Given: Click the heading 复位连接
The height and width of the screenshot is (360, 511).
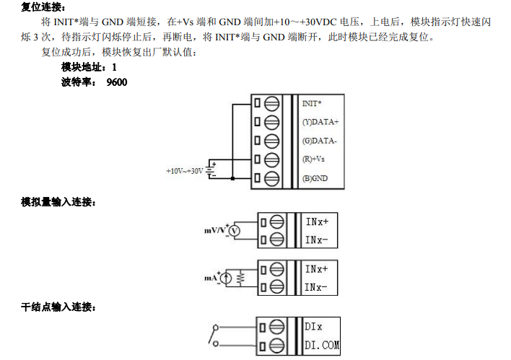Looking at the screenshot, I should coord(43,7).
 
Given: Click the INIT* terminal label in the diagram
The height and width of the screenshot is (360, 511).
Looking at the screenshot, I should coord(312,104).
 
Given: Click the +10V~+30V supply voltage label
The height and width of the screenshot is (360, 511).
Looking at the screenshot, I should coord(184,171).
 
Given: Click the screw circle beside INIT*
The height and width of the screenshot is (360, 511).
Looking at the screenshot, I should coord(272,104).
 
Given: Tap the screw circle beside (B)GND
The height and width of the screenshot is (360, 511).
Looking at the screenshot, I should coord(272,177).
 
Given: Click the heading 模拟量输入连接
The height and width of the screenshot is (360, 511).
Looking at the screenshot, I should coord(58,201).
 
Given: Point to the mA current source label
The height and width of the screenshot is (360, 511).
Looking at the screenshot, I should coord(210,277).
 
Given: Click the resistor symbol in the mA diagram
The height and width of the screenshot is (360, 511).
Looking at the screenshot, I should coord(242,278).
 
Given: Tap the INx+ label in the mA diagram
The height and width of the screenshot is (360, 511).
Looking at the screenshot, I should coord(317,269).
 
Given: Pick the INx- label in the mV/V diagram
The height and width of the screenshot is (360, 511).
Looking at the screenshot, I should coord(317,240).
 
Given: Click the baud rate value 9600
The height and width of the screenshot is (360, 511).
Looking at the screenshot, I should coord(116,82).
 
